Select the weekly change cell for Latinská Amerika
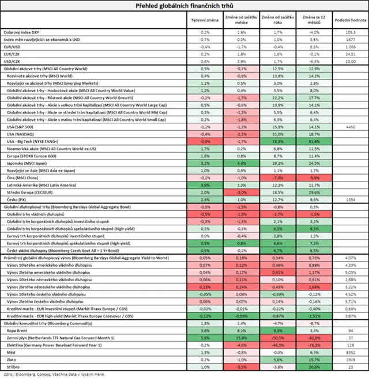pos(205,185)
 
